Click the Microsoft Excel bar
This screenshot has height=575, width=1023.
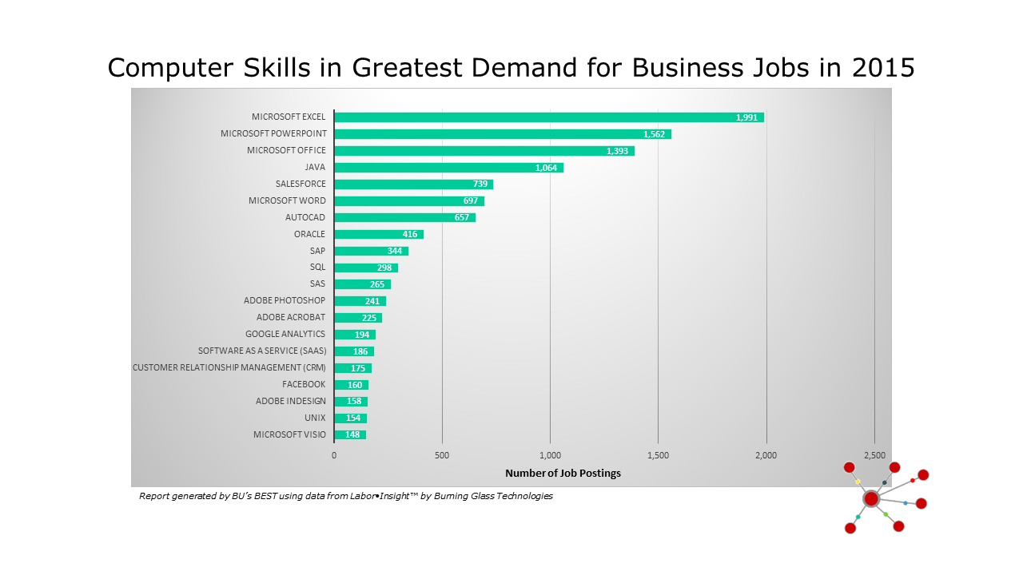[x=549, y=117]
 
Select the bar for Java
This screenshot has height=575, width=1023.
[x=448, y=168]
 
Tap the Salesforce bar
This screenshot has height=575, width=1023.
[x=413, y=184]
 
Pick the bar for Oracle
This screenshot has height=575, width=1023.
[x=378, y=235]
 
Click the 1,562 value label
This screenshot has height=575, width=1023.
[x=655, y=134]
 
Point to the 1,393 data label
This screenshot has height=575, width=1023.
[x=617, y=151]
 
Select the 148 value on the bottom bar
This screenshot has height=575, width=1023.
[x=352, y=435]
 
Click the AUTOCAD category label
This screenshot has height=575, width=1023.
[x=305, y=217]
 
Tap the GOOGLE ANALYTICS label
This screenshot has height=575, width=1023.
[x=285, y=334]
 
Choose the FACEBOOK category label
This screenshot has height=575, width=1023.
[x=304, y=384]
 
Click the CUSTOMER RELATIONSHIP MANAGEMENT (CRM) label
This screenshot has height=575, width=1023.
[x=229, y=367]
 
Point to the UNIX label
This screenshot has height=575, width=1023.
[x=315, y=418]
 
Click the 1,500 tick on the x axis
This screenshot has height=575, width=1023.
[x=658, y=455]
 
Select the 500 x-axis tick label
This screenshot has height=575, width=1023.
[x=442, y=455]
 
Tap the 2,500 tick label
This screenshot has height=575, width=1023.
[x=874, y=455]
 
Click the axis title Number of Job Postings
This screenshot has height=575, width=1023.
[x=563, y=473]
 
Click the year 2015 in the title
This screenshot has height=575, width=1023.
[x=882, y=68]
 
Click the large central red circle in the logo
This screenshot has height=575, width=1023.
[x=871, y=498]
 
